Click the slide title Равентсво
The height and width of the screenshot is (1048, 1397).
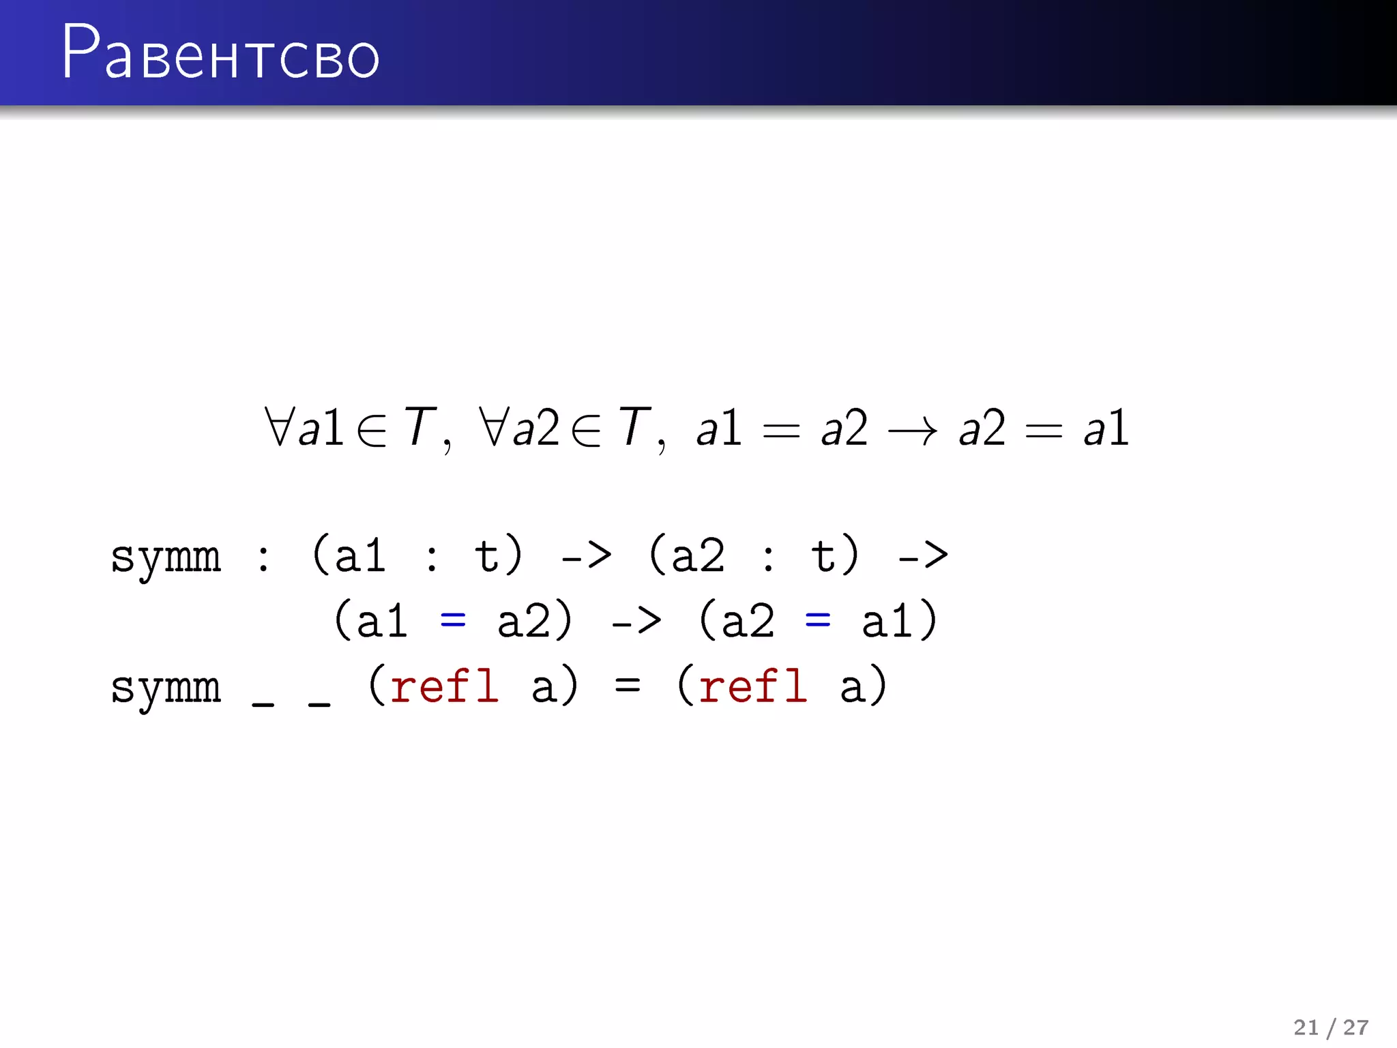(220, 53)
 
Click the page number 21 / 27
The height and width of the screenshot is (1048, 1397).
(1330, 1027)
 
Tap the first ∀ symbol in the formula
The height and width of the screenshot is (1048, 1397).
(280, 427)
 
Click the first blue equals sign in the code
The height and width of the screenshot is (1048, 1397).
(453, 620)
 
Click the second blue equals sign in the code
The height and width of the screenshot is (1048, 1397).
(817, 620)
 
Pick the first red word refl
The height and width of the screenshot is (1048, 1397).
(444, 686)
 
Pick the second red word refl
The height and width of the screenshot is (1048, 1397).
(753, 686)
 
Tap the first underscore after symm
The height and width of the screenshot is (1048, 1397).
(263, 703)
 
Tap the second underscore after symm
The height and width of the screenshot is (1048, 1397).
(319, 703)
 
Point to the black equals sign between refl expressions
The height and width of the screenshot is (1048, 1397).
(627, 685)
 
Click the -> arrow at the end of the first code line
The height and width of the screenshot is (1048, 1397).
(923, 556)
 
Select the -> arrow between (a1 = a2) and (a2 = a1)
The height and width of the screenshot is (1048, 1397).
(636, 621)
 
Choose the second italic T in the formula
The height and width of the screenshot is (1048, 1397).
(634, 427)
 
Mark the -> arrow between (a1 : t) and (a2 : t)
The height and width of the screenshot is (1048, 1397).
(586, 556)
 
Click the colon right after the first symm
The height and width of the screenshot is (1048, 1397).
(263, 559)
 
